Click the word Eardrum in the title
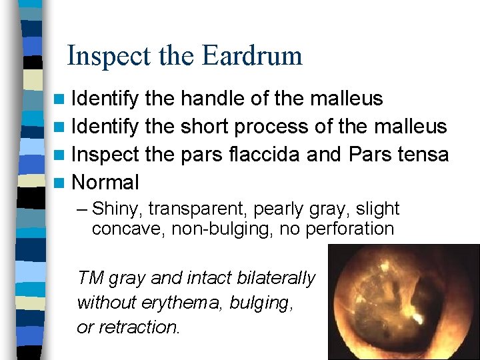[x=253, y=56]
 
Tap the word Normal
[x=105, y=182]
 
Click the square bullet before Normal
[x=61, y=183]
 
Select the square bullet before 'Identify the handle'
[x=61, y=99]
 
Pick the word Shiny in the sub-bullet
[x=117, y=209]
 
